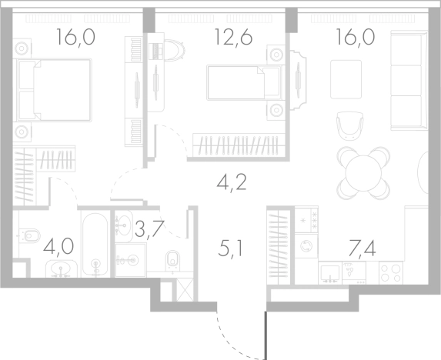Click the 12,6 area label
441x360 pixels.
pyautogui.click(x=233, y=37)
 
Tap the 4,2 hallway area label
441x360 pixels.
pyautogui.click(x=232, y=182)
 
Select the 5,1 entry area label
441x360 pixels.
pyautogui.click(x=230, y=248)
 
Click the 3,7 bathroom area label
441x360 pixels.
pyautogui.click(x=149, y=229)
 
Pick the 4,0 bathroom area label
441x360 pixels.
pyautogui.click(x=58, y=246)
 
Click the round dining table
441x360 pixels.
pyautogui.click(x=364, y=173)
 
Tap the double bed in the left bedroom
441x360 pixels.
pyautogui.click(x=55, y=90)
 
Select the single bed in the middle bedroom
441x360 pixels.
pyautogui.click(x=244, y=82)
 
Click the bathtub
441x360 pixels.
pyautogui.click(x=95, y=245)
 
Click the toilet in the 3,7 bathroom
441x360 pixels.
pyautogui.click(x=172, y=259)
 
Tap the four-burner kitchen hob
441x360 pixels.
pyautogui.click(x=391, y=272)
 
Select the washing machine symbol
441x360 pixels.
pyautogui.click(x=306, y=246)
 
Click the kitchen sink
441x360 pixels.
pyautogui.click(x=329, y=273)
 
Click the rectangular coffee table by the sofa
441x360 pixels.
pyautogui.click(x=346, y=79)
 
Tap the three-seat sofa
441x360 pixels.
pyautogui.click(x=409, y=81)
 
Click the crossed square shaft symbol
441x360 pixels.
pyautogui.click(x=185, y=290)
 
